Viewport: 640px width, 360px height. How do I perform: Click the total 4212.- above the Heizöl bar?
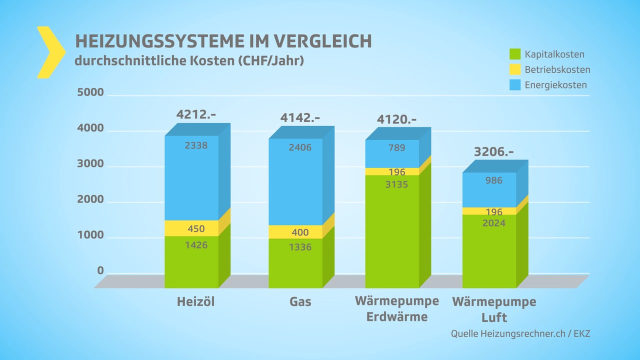[195, 114]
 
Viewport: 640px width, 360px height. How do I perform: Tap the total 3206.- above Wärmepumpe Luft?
[494, 151]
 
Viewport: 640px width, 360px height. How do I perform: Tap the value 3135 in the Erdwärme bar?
[397, 184]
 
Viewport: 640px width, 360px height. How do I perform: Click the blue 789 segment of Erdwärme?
[397, 148]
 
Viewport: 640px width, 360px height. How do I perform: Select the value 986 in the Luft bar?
[494, 180]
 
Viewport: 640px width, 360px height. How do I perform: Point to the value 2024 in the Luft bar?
[494, 223]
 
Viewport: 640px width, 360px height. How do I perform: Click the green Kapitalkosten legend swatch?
[515, 54]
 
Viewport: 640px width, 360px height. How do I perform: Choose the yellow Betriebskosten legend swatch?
[515, 69]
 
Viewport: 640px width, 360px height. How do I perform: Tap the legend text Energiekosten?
[555, 85]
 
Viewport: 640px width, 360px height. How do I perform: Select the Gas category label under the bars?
[300, 302]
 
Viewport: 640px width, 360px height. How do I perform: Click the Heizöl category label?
[195, 302]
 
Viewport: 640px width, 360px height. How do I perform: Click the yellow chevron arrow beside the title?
[50, 52]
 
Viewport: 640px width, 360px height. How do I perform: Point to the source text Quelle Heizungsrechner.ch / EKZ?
[520, 333]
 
